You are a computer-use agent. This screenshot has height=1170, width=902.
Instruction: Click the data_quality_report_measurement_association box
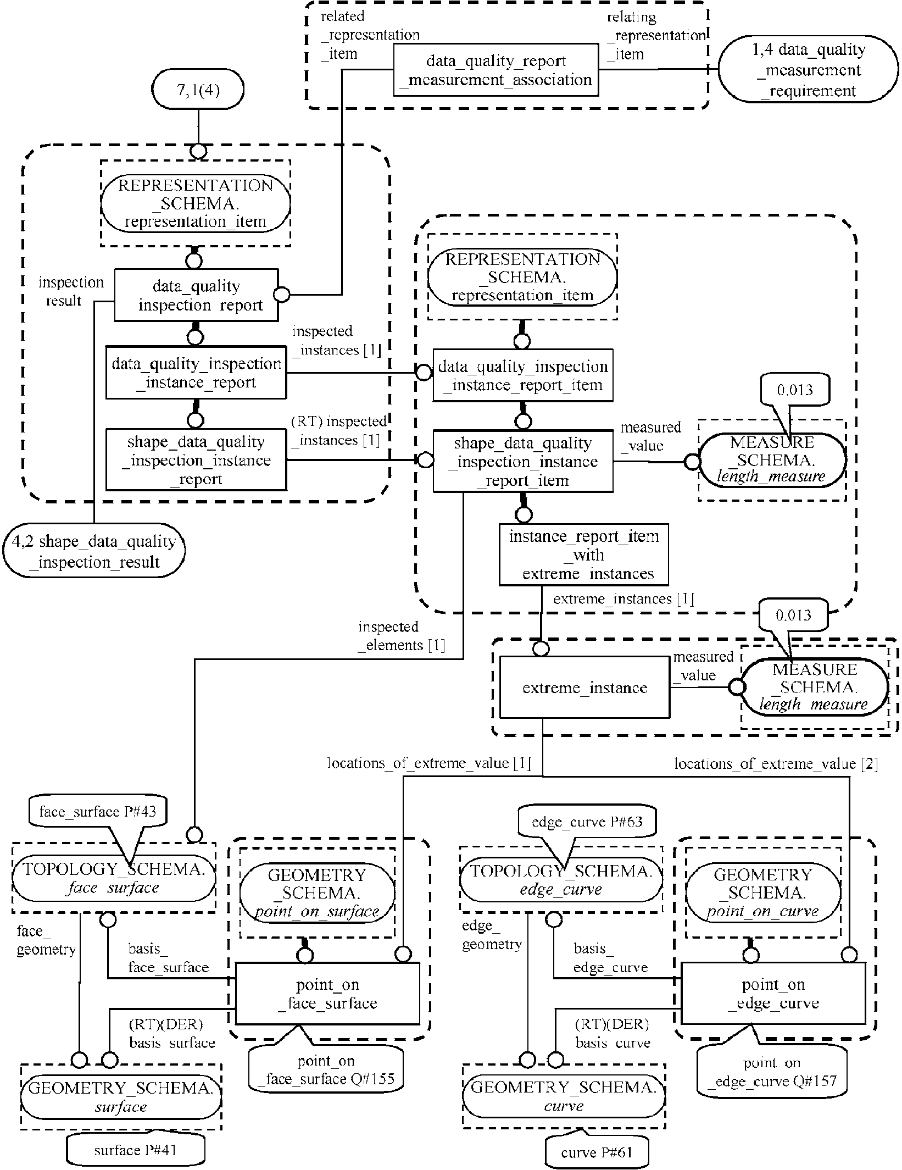(495, 70)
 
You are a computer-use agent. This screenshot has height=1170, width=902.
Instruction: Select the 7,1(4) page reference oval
(198, 89)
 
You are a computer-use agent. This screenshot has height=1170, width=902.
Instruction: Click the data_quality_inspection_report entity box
(196, 295)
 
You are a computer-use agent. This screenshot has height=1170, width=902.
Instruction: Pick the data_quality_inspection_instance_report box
(196, 373)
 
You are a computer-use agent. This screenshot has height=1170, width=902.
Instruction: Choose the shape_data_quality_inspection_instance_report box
(196, 460)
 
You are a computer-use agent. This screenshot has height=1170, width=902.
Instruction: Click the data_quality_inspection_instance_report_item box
(522, 375)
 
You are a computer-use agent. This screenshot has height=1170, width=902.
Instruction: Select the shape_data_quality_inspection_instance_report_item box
(522, 461)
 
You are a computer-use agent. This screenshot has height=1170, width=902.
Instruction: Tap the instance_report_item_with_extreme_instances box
(584, 554)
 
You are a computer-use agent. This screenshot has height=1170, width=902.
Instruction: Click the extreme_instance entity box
(584, 687)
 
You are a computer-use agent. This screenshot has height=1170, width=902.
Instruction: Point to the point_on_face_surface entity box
(327, 994)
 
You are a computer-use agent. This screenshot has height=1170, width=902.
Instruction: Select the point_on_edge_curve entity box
(773, 994)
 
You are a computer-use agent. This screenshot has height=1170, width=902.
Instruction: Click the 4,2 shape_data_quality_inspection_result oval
(93, 551)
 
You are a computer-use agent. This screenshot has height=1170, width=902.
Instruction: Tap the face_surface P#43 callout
(96, 812)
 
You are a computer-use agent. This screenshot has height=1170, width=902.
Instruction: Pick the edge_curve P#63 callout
(587, 822)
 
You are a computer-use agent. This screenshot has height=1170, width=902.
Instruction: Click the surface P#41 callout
(135, 1150)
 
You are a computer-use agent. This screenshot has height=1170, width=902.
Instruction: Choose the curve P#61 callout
(597, 1152)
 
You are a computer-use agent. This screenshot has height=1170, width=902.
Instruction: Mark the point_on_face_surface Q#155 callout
(326, 1069)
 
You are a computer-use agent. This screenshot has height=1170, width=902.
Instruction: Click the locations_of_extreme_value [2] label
(775, 764)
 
